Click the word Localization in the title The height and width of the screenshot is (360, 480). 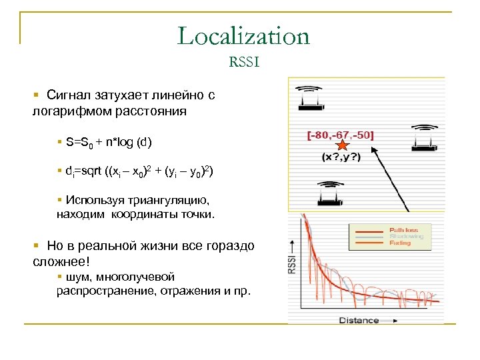pyautogui.click(x=243, y=36)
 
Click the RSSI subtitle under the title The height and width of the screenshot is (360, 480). pyautogui.click(x=243, y=63)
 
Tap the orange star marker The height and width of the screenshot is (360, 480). pyautogui.click(x=342, y=145)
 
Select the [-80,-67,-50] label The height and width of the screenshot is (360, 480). pyautogui.click(x=341, y=135)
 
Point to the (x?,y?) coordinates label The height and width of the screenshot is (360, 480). pyautogui.click(x=342, y=157)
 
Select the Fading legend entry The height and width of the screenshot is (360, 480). pyautogui.click(x=400, y=243)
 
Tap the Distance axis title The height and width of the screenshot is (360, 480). pyautogui.click(x=359, y=320)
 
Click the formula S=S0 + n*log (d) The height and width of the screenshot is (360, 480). pyautogui.click(x=109, y=143)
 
